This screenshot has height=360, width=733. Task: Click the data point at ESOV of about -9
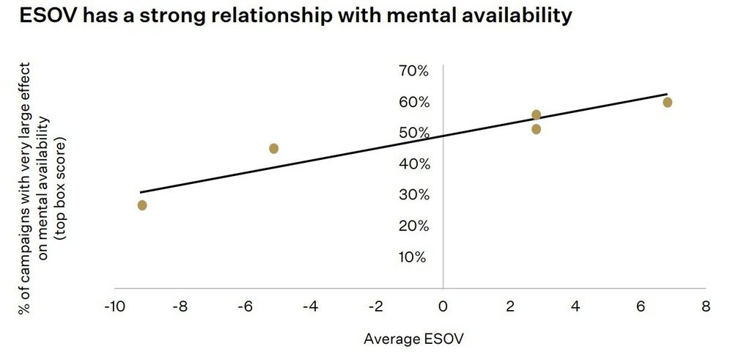click(142, 205)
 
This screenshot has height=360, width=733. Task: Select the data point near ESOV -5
click(274, 148)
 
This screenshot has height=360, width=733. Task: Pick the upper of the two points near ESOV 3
click(537, 114)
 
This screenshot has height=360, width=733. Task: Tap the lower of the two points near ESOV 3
click(537, 129)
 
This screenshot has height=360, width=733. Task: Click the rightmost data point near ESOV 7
click(668, 102)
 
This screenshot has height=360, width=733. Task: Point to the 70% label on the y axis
click(413, 71)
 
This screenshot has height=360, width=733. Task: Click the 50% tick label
click(413, 133)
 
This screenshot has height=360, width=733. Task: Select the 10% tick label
click(413, 257)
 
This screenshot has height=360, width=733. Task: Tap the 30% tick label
click(413, 195)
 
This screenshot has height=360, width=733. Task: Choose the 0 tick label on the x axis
click(443, 306)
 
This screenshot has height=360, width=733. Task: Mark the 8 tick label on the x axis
click(706, 306)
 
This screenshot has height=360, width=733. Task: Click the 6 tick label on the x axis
click(640, 306)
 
